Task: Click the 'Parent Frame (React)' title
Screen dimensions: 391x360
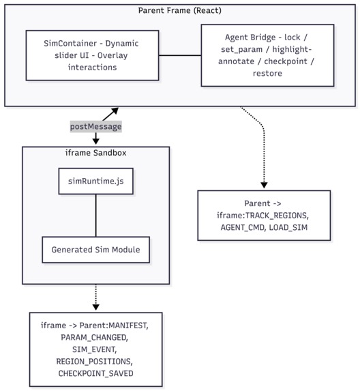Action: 180,10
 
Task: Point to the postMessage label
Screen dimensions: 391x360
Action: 95,127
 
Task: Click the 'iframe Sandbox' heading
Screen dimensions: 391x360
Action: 95,153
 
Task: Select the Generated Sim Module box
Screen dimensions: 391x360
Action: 95,250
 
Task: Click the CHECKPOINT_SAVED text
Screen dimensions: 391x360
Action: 95,374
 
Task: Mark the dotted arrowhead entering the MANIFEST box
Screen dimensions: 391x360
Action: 95,306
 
